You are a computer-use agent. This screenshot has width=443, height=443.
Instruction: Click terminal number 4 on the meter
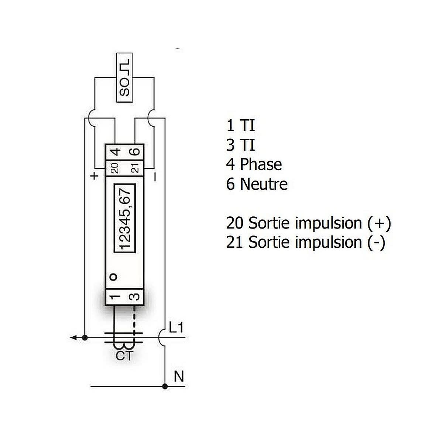coord(115,152)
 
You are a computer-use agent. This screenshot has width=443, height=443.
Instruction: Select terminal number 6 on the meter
coord(135,152)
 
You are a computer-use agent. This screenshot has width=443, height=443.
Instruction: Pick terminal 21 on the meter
coord(135,168)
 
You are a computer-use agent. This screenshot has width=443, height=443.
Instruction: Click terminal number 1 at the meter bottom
coord(115,297)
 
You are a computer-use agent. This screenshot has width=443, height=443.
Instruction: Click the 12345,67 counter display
coord(125,219)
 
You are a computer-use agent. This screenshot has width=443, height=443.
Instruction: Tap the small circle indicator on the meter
coord(113,277)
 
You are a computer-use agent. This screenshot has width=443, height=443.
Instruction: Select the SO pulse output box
coord(124,78)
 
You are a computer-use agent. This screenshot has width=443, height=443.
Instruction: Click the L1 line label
coord(176,327)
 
